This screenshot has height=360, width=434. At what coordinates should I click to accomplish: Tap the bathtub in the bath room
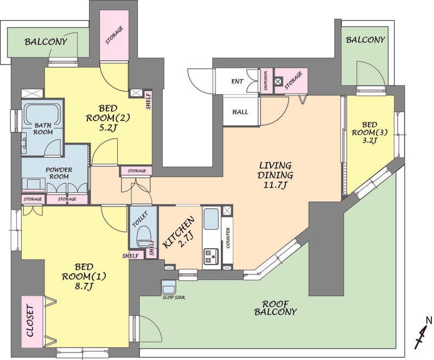[42, 114]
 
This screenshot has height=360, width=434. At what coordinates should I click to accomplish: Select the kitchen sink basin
[211, 218]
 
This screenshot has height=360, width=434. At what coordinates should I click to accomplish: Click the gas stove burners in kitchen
[211, 256]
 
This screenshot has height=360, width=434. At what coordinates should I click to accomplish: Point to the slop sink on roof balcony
[169, 288]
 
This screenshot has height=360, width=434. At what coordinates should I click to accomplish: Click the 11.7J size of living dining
[275, 185]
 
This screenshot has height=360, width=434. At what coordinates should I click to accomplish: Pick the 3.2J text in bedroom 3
[369, 140]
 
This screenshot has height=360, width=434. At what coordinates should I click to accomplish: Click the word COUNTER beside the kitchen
[228, 237]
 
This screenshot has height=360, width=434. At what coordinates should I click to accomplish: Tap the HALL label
[240, 112]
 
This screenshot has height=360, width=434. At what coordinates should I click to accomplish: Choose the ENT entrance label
[238, 81]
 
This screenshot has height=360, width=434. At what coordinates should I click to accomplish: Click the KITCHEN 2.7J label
[178, 233]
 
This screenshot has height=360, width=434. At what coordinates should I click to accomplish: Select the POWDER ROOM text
[59, 173]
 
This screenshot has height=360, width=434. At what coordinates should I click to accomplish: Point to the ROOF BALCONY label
[275, 308]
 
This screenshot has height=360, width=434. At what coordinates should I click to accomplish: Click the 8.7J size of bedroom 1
[84, 287]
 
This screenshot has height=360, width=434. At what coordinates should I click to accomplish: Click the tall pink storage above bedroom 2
[114, 35]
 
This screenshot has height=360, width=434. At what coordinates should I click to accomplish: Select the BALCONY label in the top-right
[365, 40]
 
